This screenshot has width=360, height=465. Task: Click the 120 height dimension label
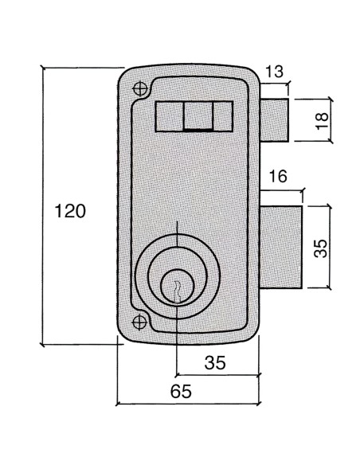[69, 212]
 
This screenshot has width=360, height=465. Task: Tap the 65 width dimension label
[182, 391]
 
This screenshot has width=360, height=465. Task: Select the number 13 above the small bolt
[274, 72]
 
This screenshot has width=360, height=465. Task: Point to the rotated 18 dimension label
[320, 120]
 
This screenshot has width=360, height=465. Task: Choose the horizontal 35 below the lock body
[215, 362]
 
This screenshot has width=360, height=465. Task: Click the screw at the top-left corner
[141, 88]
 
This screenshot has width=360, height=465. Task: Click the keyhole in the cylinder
[178, 287]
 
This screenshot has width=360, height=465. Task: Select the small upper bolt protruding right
[274, 119]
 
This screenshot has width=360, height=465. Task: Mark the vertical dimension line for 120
[43, 207]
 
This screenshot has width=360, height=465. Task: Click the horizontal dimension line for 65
[188, 404]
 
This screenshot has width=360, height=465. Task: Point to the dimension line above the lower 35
[217, 374]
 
